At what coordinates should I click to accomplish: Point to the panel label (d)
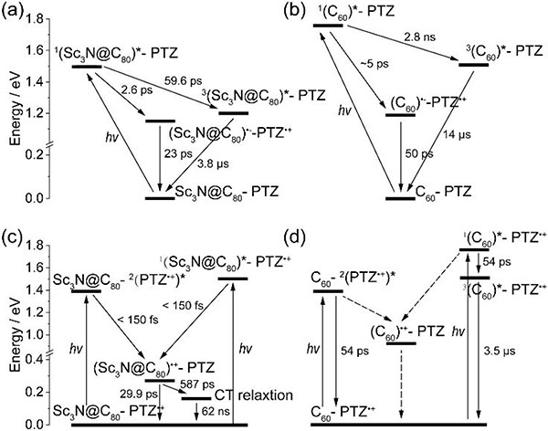[x=296, y=229]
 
